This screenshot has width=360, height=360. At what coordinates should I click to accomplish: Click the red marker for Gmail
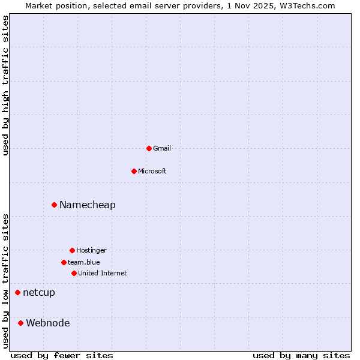(x=149, y=148)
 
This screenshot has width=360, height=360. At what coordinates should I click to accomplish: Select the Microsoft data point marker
(x=134, y=171)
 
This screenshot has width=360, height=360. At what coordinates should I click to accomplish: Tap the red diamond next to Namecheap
(x=54, y=205)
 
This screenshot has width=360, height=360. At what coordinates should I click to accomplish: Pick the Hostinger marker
(x=72, y=250)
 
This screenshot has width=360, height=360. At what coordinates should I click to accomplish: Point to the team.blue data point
(x=64, y=262)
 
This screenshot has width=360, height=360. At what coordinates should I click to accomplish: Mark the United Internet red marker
(x=74, y=273)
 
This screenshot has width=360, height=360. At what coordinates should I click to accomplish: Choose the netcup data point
(x=17, y=292)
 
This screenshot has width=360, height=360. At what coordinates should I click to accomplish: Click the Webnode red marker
(x=20, y=323)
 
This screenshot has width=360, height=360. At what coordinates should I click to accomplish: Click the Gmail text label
(x=162, y=148)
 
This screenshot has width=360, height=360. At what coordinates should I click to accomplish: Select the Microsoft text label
(x=152, y=171)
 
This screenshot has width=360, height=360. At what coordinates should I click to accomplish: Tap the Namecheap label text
(x=88, y=205)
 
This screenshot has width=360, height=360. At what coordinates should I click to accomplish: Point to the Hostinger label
(x=91, y=250)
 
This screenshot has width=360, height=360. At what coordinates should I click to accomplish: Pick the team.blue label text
(x=84, y=262)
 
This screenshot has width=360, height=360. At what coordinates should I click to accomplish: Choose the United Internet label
(x=103, y=273)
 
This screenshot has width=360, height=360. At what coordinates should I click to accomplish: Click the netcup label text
(x=39, y=292)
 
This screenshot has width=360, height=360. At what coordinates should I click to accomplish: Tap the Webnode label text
(x=48, y=323)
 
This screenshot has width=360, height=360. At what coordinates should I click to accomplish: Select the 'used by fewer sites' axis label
(x=62, y=355)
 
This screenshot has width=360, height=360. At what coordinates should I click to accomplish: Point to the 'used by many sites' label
(x=301, y=355)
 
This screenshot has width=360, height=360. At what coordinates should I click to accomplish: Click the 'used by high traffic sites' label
(x=5, y=85)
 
